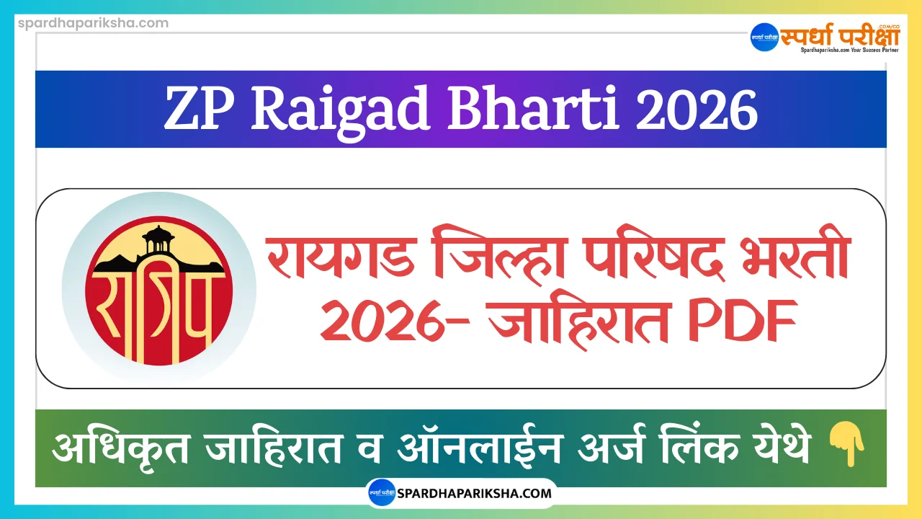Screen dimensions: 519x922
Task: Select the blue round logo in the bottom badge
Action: point(382,494)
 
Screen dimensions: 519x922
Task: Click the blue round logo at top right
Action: point(764,37)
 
